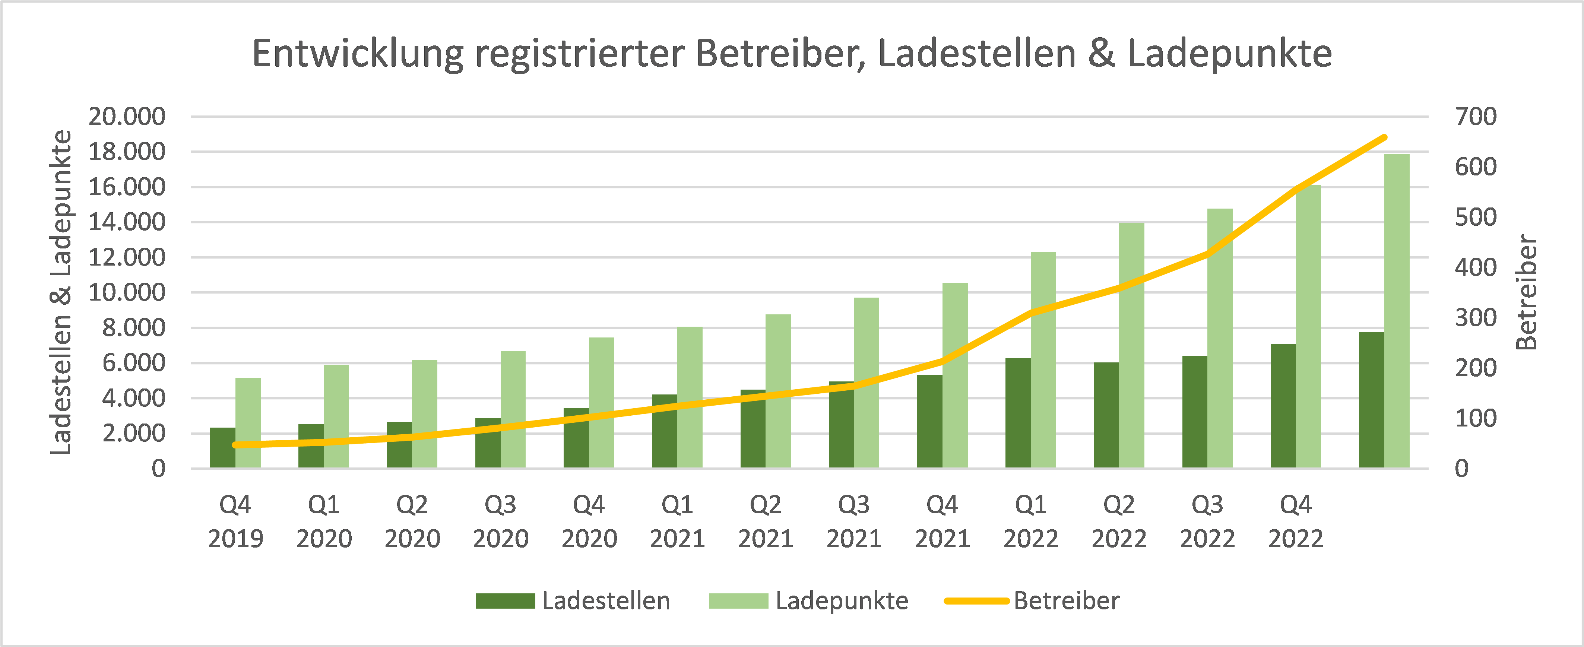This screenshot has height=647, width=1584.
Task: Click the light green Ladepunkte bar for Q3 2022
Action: (1220, 338)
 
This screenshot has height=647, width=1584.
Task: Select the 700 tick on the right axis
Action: (1475, 116)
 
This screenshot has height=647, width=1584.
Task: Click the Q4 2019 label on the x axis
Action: (235, 521)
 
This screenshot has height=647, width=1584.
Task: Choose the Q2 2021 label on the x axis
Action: (766, 521)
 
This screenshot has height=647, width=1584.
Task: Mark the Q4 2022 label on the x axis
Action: (1296, 521)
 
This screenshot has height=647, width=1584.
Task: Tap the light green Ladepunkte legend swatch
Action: (738, 601)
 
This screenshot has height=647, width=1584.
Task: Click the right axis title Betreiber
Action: (1527, 292)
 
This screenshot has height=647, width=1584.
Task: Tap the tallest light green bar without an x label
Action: (1397, 311)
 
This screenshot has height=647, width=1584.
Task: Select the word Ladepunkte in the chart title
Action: (1229, 54)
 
